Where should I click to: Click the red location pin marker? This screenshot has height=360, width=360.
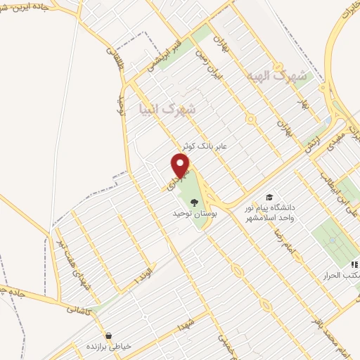tap(181, 165)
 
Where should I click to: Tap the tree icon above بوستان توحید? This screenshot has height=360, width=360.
tap(194, 202)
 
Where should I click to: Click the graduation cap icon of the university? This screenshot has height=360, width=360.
tap(269, 198)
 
